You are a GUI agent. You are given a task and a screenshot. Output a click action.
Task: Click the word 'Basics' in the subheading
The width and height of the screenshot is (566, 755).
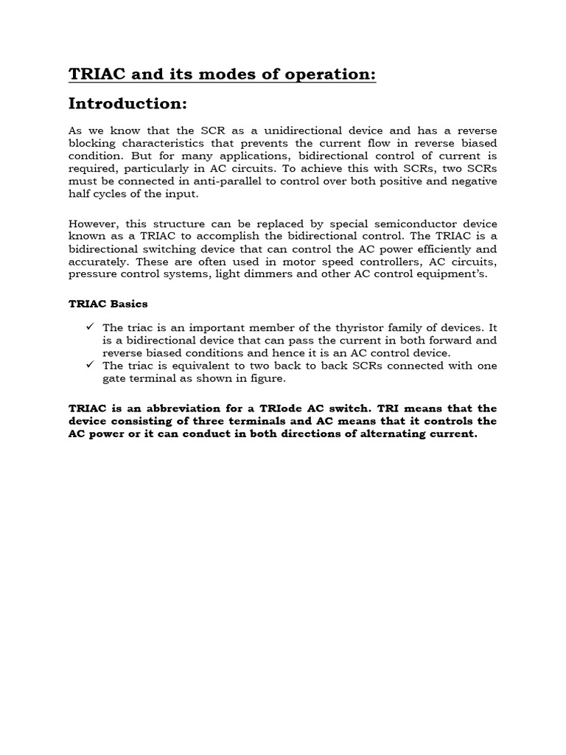pyautogui.click(x=128, y=303)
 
